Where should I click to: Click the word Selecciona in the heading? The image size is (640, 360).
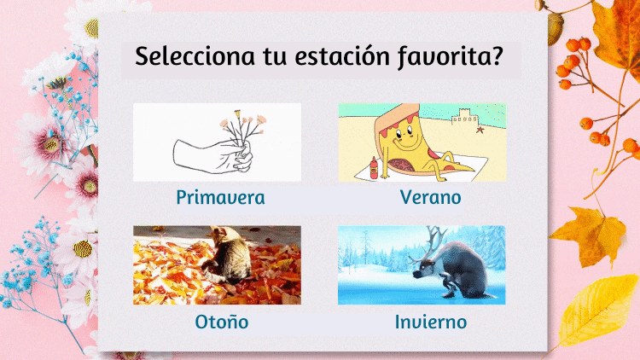tap(195, 56)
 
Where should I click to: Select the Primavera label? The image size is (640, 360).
tap(220, 198)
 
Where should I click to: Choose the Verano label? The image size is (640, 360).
tap(431, 197)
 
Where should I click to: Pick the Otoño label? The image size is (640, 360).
tap(222, 322)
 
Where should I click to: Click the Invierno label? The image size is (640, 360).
tap(431, 322)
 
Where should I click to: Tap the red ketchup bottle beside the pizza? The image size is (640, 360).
tap(374, 168)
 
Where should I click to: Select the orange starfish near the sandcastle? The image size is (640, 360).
tap(480, 131)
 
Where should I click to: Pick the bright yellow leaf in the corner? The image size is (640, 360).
tap(596, 310)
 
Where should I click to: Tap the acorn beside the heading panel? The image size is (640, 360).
tap(555, 28)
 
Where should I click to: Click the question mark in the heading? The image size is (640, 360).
tap(497, 55)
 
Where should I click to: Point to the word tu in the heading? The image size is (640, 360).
tap(275, 57)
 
